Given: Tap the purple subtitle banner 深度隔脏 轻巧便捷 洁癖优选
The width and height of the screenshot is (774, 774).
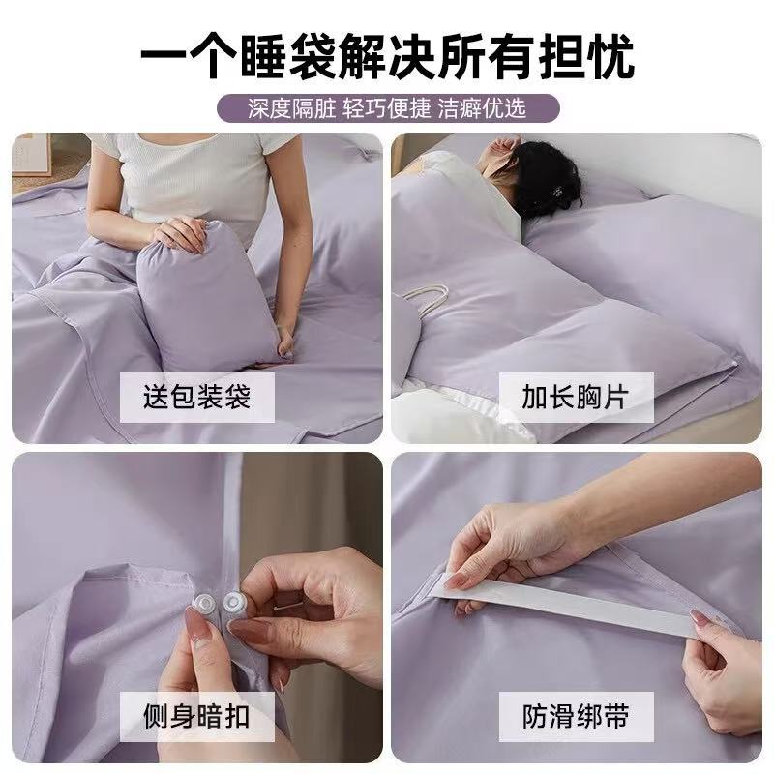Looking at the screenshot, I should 387,106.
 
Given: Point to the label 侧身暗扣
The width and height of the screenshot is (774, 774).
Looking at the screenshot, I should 197,716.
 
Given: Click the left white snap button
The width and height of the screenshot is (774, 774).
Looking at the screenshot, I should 205,602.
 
